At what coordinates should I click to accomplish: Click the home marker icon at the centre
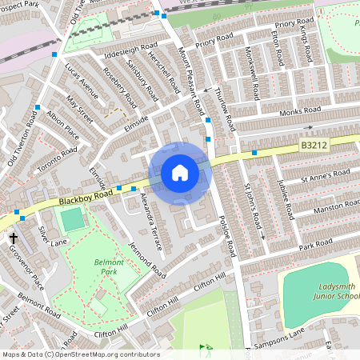click(x=180, y=173)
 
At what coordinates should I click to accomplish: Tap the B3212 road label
click(x=314, y=145)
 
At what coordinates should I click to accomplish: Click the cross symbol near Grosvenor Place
click(x=14, y=238)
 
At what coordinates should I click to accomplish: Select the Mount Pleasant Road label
click(x=194, y=78)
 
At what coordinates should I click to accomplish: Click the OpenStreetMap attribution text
click(x=81, y=354)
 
